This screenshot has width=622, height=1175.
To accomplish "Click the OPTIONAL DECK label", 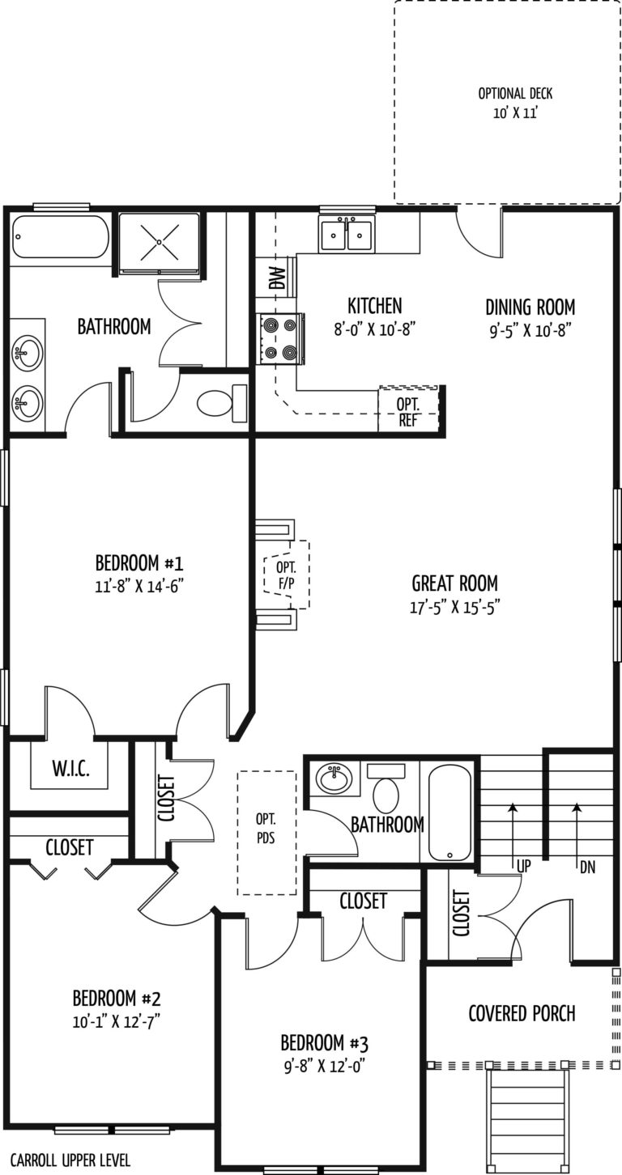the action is tap(515, 94).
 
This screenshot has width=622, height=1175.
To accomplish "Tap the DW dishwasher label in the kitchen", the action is tap(277, 278).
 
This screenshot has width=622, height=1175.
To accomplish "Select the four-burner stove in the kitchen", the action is tap(279, 339).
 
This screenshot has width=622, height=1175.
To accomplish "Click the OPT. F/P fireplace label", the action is tap(286, 575).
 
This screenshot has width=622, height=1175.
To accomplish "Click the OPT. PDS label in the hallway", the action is tap(266, 828).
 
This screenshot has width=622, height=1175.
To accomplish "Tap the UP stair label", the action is tap(524, 866).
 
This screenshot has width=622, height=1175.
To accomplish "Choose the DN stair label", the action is tap(588, 867).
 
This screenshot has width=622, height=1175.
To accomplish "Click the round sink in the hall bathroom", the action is tap(334, 778).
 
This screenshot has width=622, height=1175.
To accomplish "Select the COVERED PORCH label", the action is tap(522, 1013).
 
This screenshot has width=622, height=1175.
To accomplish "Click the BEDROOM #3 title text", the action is tap(325, 1043).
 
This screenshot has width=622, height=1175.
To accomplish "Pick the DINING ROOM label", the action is tap(530, 307).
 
